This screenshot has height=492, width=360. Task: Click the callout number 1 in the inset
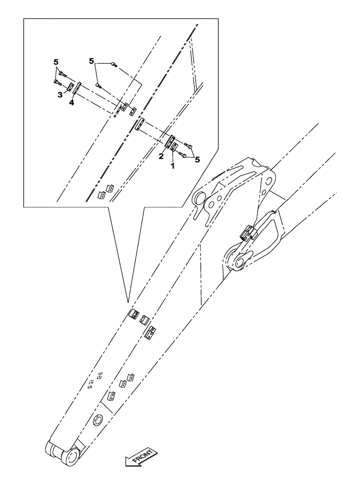coord(172,166)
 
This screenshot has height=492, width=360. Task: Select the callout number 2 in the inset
coord(161,156)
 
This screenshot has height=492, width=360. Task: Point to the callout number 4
coord(71,103)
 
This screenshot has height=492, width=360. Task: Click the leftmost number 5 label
coord(56,62)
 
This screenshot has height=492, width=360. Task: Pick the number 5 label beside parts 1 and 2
coord(197,159)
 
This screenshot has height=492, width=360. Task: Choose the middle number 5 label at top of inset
coord(91,61)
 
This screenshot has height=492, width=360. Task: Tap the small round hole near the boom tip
coord(98,420)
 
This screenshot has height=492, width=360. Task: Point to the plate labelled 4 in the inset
coord(78,92)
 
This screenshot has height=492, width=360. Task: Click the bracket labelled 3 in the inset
coord(70,88)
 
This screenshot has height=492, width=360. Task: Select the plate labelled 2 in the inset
coord(168,143)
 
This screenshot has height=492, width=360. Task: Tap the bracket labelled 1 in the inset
coord(174,147)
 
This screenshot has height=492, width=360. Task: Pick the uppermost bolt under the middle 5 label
coord(114,64)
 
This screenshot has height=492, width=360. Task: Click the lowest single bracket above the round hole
coord(111,396)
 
